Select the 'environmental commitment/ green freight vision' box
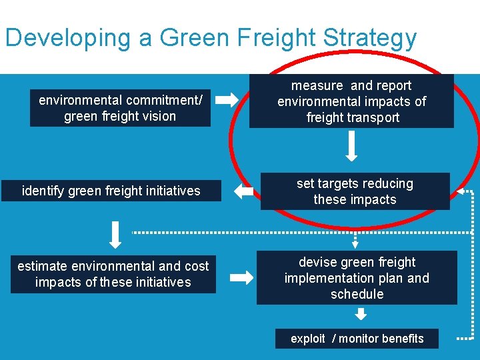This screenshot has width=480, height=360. (x=120, y=108)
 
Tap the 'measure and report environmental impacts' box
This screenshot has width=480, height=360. (x=351, y=101)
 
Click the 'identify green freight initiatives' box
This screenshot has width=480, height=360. (x=111, y=191)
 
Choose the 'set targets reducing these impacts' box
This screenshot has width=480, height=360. (x=355, y=191)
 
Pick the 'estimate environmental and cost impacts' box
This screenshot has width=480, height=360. (x=113, y=274)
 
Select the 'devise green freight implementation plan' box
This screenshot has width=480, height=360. (x=357, y=278)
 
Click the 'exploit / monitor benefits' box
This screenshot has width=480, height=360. (x=357, y=339)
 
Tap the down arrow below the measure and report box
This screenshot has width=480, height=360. (x=352, y=147)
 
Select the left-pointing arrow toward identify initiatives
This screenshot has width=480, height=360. (x=244, y=192)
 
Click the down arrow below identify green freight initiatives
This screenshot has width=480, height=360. (x=115, y=234)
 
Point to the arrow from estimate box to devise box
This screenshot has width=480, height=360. (x=241, y=276)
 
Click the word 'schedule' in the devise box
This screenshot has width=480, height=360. (x=357, y=294)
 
